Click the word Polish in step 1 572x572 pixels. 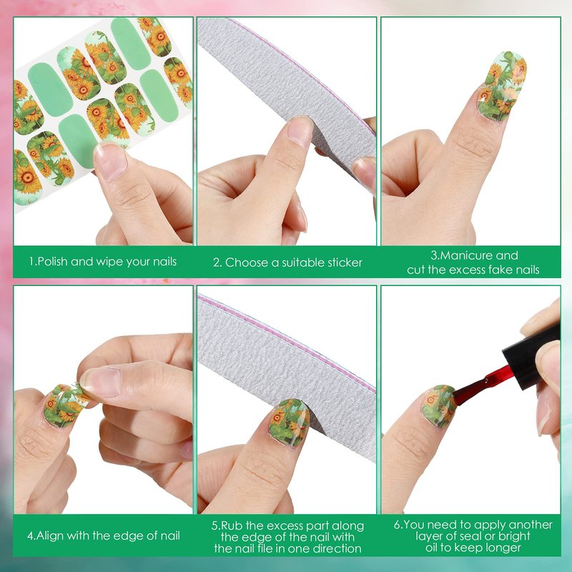(53, 262)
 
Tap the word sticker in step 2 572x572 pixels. (344, 262)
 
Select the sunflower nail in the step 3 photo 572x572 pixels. (502, 86)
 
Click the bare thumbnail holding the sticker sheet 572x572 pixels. (110, 161)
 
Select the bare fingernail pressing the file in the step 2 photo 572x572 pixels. (300, 132)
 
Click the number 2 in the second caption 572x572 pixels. (217, 262)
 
